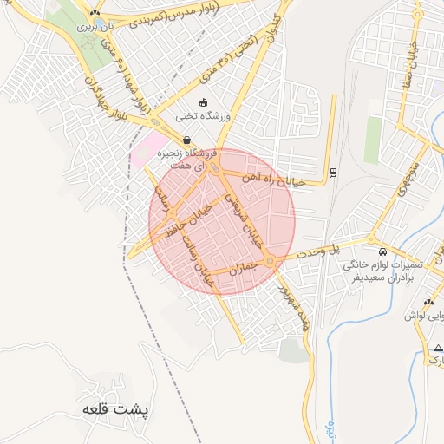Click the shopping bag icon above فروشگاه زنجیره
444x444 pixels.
pyautogui.click(x=186, y=140)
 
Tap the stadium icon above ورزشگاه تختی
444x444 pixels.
pyautogui.click(x=203, y=103)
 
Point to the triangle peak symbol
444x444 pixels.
pyautogui.click(x=437, y=347)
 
